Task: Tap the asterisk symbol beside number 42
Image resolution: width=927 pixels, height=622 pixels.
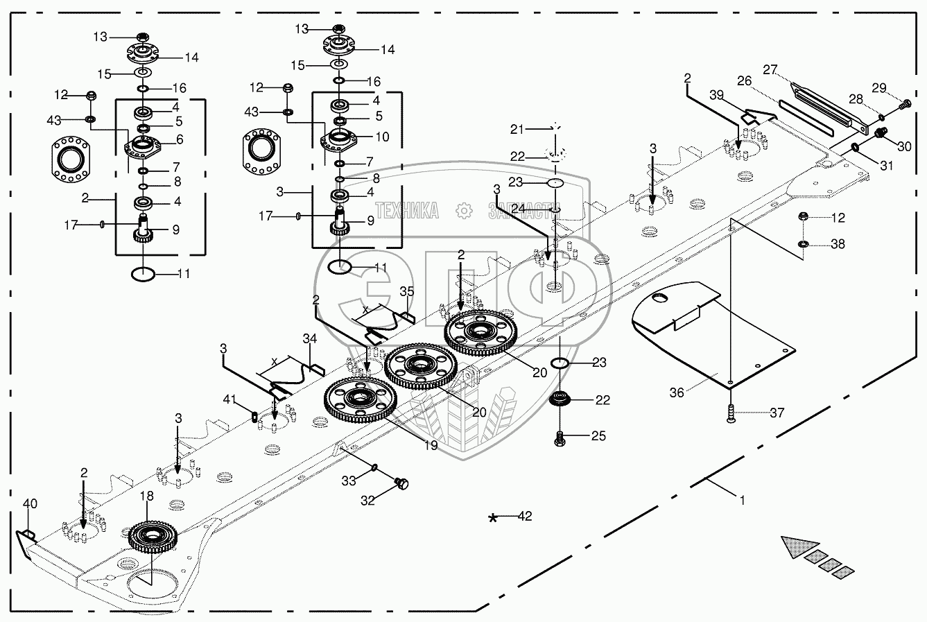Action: pos(493,518)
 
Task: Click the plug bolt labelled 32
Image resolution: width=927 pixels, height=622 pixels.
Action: pos(401,483)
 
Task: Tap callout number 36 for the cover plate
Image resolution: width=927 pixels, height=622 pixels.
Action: pos(676,392)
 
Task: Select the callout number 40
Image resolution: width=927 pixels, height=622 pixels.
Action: pos(30,503)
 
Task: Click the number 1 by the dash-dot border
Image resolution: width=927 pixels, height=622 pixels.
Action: pos(742,499)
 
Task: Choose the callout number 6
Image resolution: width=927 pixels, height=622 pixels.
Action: pos(179,139)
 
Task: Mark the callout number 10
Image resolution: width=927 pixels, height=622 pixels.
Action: pos(382,136)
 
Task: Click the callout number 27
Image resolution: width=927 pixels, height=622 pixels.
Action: pos(770,69)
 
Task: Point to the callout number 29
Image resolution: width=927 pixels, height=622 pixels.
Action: pos(878,87)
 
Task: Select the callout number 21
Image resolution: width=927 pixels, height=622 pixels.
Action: pos(517,129)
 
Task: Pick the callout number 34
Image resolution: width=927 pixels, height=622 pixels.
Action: pos(310,338)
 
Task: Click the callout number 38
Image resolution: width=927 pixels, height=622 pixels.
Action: pos(838,244)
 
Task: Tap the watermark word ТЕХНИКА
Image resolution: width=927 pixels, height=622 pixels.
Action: pos(407,211)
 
